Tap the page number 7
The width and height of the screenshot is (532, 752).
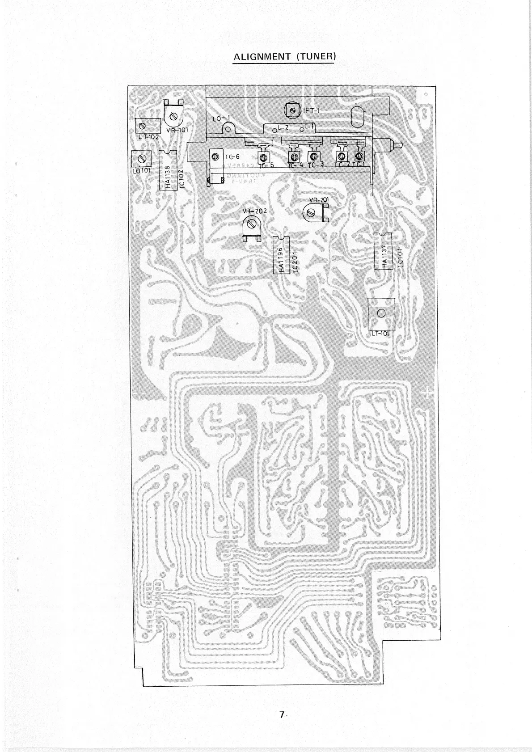[x=282, y=714]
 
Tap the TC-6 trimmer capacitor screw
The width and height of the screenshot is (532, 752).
[x=215, y=157]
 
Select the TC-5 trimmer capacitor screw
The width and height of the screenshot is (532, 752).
[x=263, y=157]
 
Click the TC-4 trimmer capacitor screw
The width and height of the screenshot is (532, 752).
[x=295, y=156]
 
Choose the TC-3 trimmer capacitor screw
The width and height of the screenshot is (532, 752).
[x=313, y=156]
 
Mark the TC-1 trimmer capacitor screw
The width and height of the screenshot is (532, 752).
[x=359, y=156]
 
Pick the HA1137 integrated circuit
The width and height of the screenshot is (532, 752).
[x=383, y=251]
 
